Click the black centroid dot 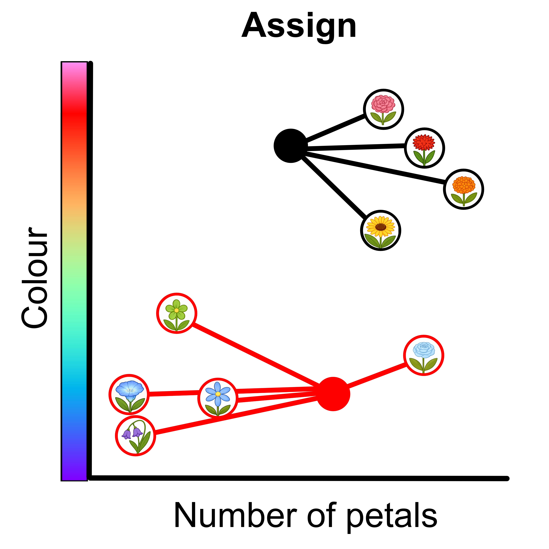[x=290, y=146]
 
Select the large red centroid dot [x=333, y=394]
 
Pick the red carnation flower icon [x=424, y=148]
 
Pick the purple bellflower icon [x=136, y=436]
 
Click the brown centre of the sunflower [x=381, y=227]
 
